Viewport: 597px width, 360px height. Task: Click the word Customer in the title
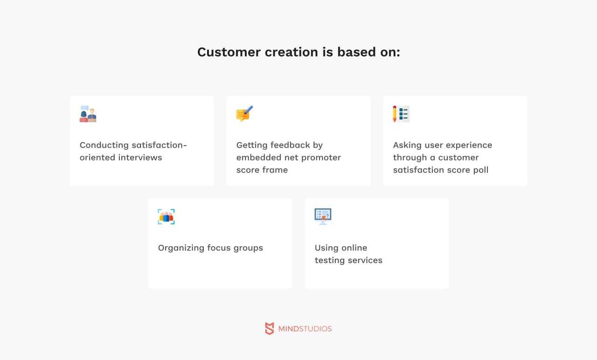229,52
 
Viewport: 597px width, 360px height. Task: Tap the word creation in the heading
292,52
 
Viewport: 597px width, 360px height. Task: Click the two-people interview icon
88,114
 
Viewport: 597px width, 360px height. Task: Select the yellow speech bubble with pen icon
244,114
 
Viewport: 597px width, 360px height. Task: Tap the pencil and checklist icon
401,114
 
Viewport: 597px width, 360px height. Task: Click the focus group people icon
166,217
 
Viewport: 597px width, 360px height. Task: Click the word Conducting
104,145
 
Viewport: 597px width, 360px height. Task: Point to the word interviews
140,158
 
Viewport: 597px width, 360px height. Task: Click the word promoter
321,158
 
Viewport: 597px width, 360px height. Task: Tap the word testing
330,261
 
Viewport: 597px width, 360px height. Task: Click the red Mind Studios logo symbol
270,329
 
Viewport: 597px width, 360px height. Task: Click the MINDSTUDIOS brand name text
305,329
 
